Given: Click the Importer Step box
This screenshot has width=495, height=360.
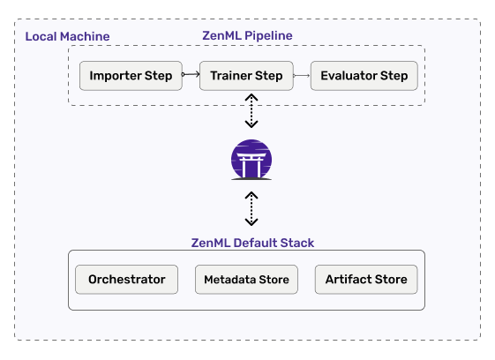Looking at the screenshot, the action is click(131, 76).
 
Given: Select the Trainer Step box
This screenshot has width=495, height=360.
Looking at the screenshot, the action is click(246, 76).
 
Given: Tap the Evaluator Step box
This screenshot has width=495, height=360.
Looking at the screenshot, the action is click(364, 76).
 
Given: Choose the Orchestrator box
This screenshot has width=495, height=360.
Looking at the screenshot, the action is click(126, 280).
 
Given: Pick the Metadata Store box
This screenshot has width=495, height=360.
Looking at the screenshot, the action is click(246, 280).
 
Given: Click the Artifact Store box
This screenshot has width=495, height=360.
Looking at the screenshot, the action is click(366, 280).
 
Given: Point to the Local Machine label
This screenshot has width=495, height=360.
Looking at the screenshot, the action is click(68, 36).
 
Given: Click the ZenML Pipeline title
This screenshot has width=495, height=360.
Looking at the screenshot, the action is click(247, 35).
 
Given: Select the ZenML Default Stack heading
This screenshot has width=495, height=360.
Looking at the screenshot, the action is click(252, 243).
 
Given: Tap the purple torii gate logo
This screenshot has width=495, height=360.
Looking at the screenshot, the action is click(251, 160).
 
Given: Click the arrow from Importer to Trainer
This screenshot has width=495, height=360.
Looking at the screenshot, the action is click(191, 74).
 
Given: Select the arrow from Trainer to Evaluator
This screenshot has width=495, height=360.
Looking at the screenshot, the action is click(302, 76).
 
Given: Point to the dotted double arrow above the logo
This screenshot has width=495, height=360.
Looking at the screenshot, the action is click(251, 111).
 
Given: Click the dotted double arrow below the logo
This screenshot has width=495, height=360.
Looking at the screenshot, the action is click(251, 209).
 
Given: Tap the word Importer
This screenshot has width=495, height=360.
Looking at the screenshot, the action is click(116, 76).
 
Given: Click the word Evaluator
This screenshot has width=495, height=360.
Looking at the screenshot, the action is click(349, 76).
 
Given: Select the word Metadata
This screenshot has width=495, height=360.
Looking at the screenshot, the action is click(229, 280).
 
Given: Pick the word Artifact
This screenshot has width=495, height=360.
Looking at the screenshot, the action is click(349, 279).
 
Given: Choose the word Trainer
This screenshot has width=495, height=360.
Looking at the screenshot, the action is click(231, 76).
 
